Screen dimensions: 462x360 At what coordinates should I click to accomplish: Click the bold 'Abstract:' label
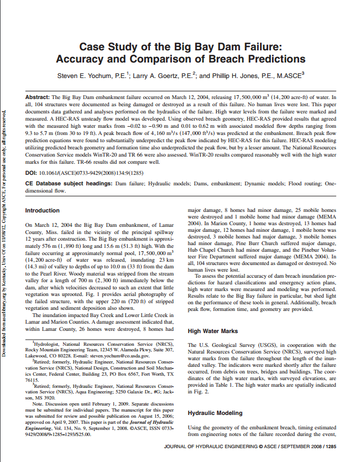[38, 97]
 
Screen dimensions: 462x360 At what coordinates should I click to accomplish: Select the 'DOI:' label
[33, 173]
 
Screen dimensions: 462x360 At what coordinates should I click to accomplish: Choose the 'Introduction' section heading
[43, 210]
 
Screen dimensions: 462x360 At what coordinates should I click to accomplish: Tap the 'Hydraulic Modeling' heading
[215, 413]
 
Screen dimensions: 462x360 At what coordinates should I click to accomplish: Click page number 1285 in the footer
[330, 446]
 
